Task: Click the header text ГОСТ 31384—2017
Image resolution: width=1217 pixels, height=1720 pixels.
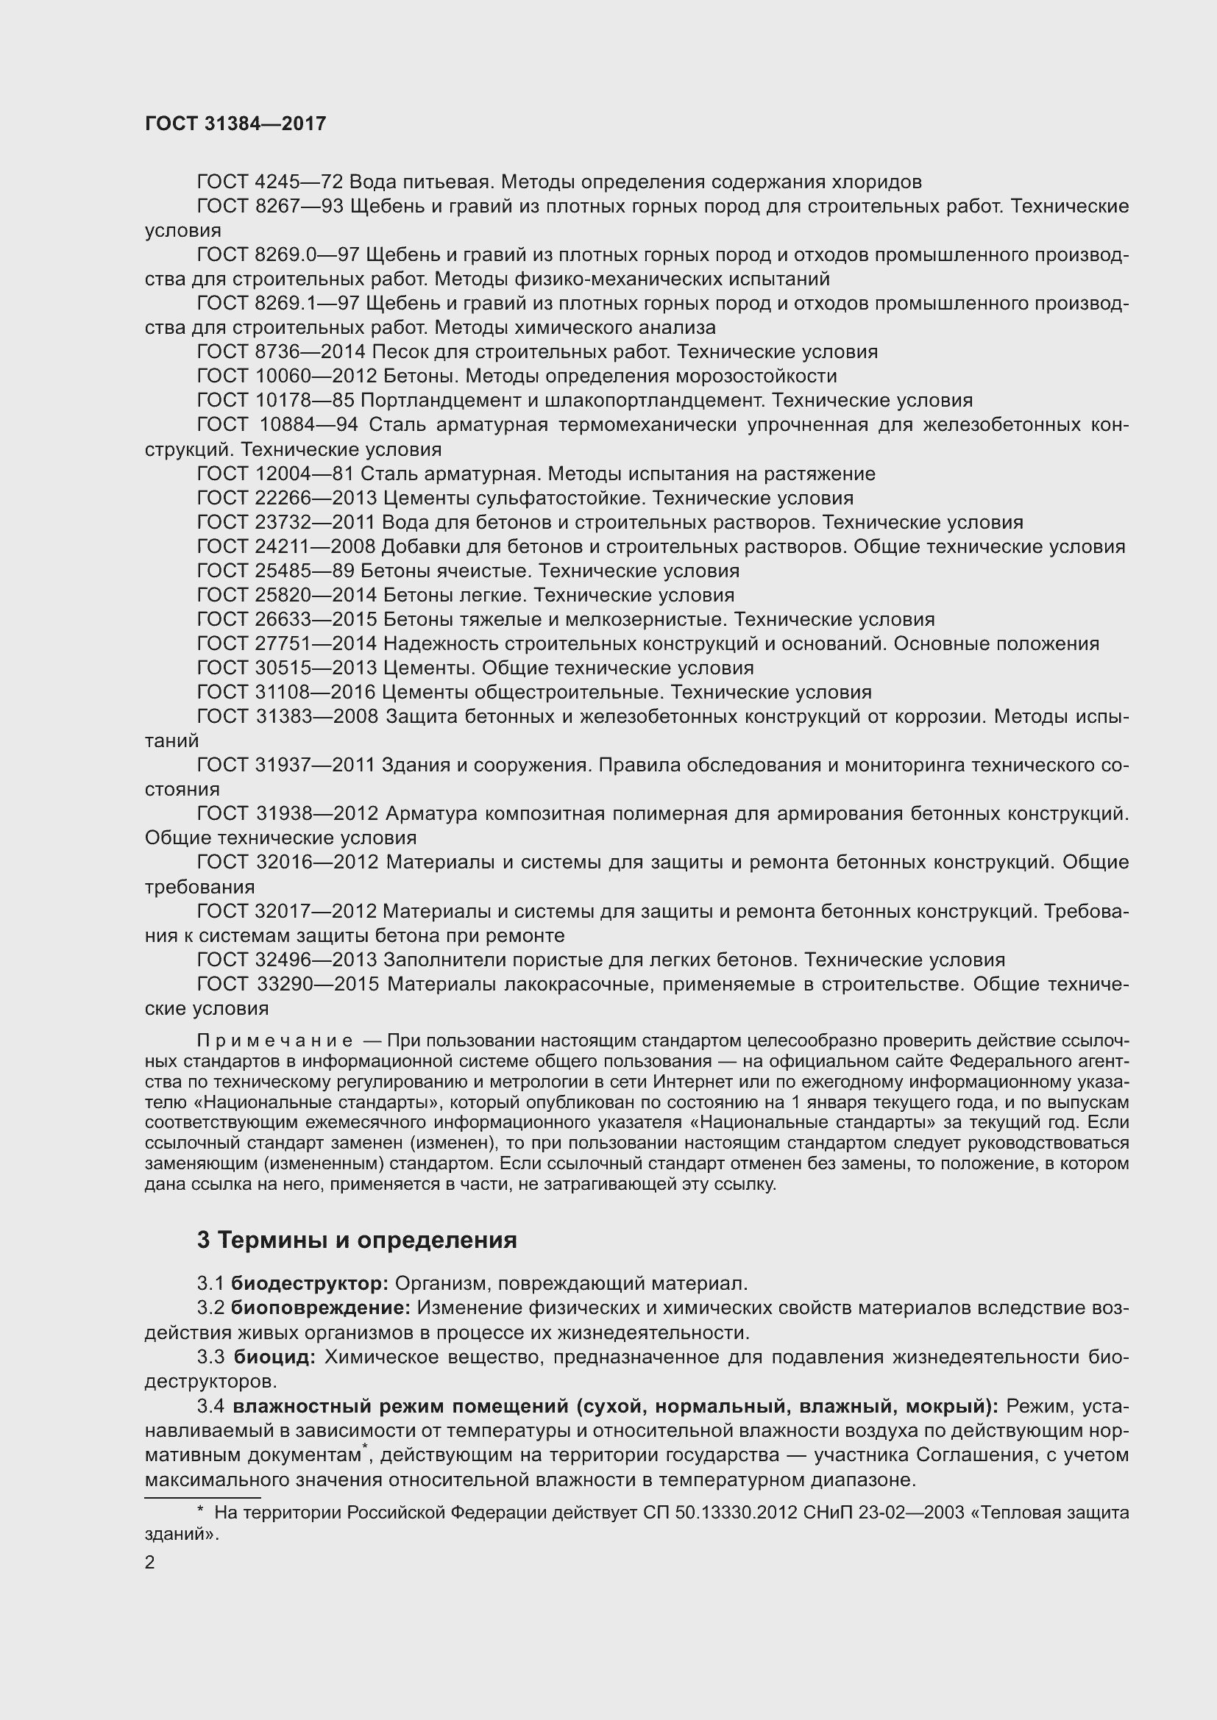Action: click(x=235, y=124)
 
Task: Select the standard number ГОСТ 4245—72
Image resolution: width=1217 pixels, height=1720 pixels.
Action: click(x=270, y=182)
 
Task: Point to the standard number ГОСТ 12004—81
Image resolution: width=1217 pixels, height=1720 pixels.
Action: click(x=275, y=474)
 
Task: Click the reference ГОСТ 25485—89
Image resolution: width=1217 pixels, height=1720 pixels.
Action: click(x=275, y=571)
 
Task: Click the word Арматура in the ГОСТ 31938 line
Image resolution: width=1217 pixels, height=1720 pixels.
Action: click(x=433, y=813)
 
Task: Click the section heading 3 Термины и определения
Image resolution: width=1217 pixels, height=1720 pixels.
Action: click(x=357, y=1240)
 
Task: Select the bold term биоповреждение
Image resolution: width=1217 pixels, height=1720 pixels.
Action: click(x=321, y=1309)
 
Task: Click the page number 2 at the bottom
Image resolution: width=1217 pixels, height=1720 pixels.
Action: click(x=150, y=1563)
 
